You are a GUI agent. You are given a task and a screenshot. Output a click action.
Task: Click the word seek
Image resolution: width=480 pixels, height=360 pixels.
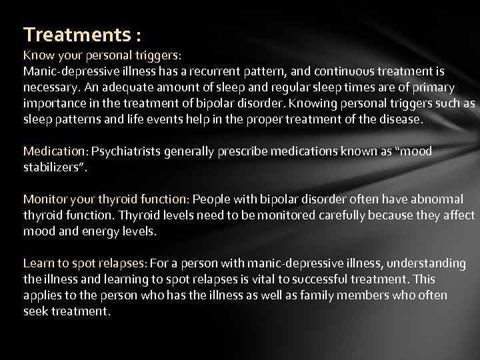pyautogui.click(x=35, y=312)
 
